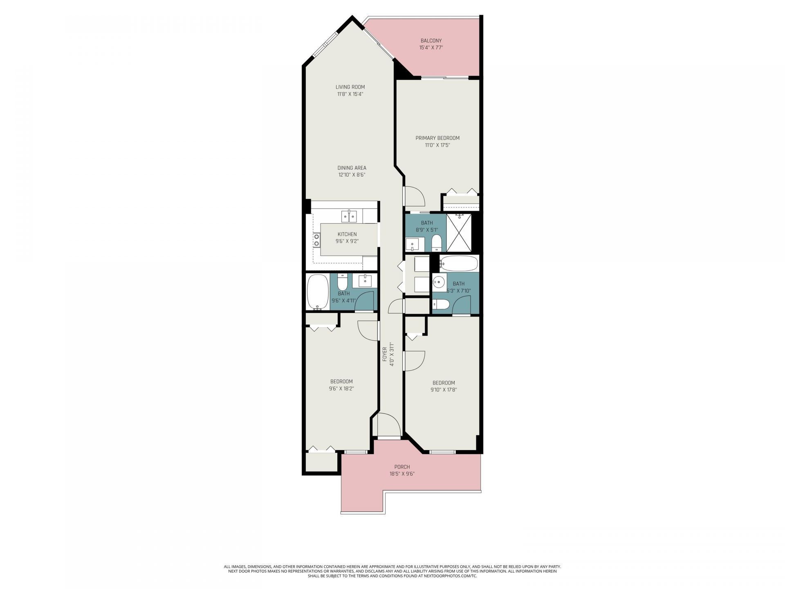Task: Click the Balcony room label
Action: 431,40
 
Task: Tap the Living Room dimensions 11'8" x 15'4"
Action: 350,94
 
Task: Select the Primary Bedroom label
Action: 437,138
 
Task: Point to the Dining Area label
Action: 352,168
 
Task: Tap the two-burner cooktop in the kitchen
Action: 316,240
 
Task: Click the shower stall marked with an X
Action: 459,232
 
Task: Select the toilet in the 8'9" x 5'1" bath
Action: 436,243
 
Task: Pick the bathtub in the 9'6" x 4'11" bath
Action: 318,291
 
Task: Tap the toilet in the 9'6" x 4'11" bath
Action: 343,282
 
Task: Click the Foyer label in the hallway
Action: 384,354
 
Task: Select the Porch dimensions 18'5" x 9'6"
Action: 402,474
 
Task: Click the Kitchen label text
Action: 347,234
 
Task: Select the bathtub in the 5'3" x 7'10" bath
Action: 459,263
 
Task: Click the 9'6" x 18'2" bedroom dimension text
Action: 341,389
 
